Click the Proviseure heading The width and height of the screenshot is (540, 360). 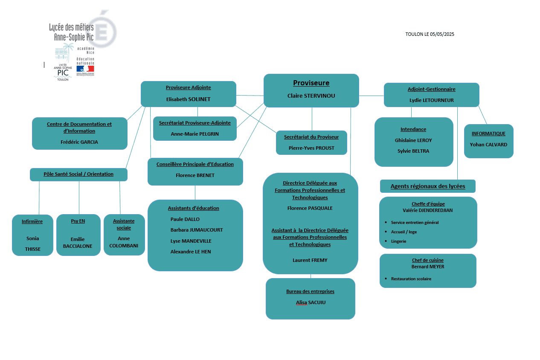(311, 83)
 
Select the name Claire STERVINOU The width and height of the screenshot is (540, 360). (311, 96)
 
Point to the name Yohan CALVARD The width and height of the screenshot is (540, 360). (488, 145)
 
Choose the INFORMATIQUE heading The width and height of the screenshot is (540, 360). (488, 134)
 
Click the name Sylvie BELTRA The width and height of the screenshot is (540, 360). (413, 151)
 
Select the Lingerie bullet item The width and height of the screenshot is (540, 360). (398, 241)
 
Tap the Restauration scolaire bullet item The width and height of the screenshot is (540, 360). (411, 279)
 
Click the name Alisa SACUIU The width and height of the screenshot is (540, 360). (311, 302)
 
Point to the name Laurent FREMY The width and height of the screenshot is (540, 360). (310, 260)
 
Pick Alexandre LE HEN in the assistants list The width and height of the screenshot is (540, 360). (190, 252)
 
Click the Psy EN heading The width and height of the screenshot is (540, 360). (78, 221)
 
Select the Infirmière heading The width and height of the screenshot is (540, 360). (32, 221)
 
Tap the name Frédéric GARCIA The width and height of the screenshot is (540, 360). (79, 142)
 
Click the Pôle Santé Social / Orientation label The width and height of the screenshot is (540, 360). (78, 174)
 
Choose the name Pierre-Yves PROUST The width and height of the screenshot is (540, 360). (311, 148)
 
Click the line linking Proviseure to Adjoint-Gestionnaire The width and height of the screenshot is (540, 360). (371, 96)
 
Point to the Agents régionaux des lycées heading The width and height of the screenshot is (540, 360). (428, 186)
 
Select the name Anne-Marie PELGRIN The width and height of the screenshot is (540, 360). (195, 134)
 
